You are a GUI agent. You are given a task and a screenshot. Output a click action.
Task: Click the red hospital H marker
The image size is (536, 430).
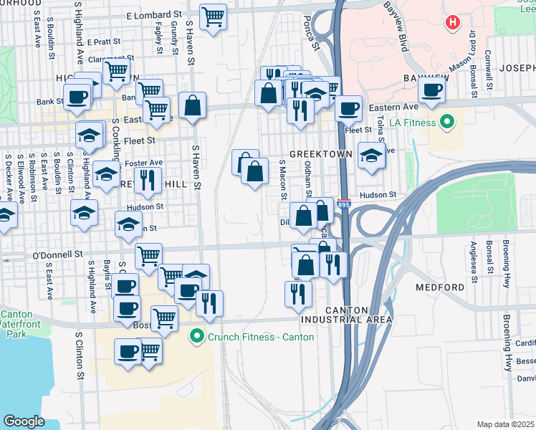coord(452,22)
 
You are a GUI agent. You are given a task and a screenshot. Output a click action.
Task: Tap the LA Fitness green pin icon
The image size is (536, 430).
coord(448,123)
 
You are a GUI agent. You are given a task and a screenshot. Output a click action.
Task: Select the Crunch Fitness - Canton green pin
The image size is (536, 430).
coord(196,336)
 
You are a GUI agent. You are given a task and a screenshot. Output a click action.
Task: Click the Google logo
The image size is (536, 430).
coord(24,421)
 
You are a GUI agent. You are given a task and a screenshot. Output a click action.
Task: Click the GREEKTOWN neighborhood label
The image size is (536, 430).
coord(321,154)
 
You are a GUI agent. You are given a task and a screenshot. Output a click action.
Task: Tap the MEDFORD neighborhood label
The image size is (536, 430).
coord(440,287)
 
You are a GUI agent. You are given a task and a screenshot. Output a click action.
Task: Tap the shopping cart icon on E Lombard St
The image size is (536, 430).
coord(213,16)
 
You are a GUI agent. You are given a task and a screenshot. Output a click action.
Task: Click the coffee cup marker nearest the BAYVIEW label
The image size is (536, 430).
coord(431,90)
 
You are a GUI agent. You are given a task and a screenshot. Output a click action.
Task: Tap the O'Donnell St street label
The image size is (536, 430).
coord(57,254)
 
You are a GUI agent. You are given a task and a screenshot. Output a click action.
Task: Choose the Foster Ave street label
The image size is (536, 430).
coord(144,163)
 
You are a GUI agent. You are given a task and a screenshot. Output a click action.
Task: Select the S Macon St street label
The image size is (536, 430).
coord(282,181)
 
